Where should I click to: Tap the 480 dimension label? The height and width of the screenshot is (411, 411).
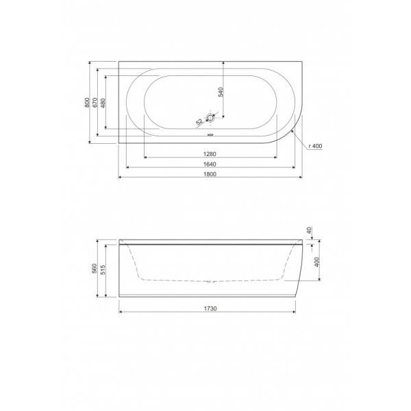point(103,103)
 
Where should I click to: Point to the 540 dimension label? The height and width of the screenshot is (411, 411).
point(221,92)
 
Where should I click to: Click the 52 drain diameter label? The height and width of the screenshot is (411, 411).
point(199,121)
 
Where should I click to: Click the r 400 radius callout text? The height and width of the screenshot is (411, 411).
point(316,146)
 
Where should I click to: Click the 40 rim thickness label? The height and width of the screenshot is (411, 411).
point(310,232)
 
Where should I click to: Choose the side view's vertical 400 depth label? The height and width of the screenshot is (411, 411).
point(316,264)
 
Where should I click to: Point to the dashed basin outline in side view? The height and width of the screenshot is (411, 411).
point(171,279)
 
